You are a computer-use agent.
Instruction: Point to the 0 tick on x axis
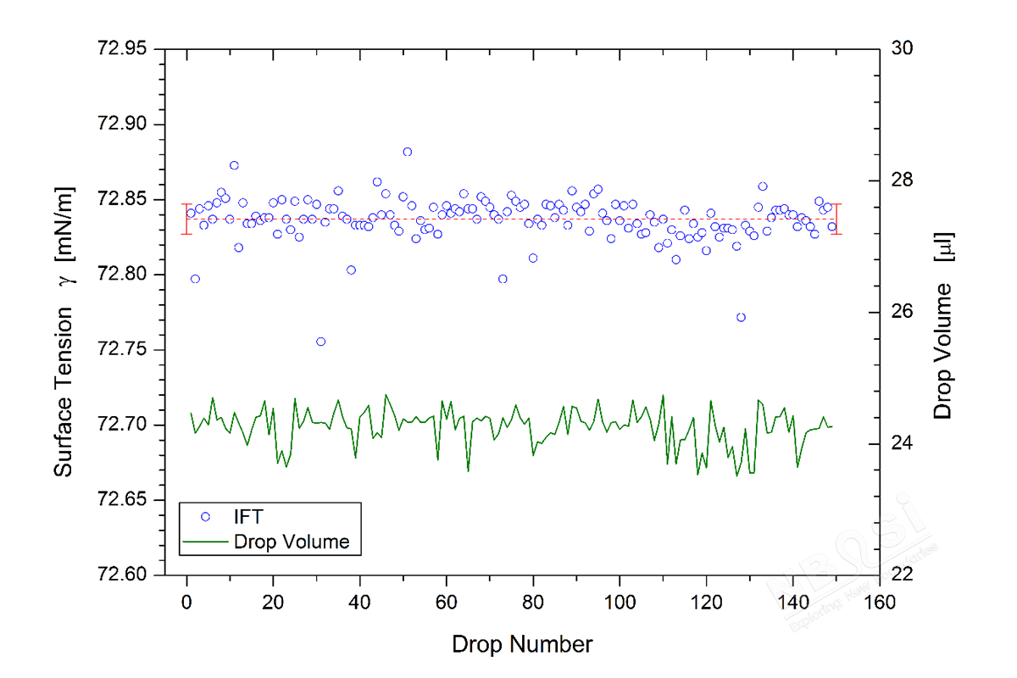coord(186,603)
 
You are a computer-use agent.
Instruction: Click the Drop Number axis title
coord(522,645)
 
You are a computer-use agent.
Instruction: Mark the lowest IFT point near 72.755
coord(320,342)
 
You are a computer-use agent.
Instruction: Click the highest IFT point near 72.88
coord(408,152)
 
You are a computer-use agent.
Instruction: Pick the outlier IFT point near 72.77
coord(741,317)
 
